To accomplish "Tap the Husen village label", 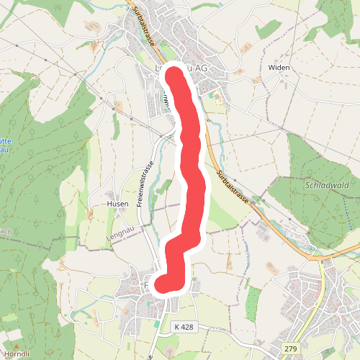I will click(117, 204).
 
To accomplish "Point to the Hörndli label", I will click(17, 354).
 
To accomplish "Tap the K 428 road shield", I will click(184, 327).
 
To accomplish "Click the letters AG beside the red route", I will click(201, 68).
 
